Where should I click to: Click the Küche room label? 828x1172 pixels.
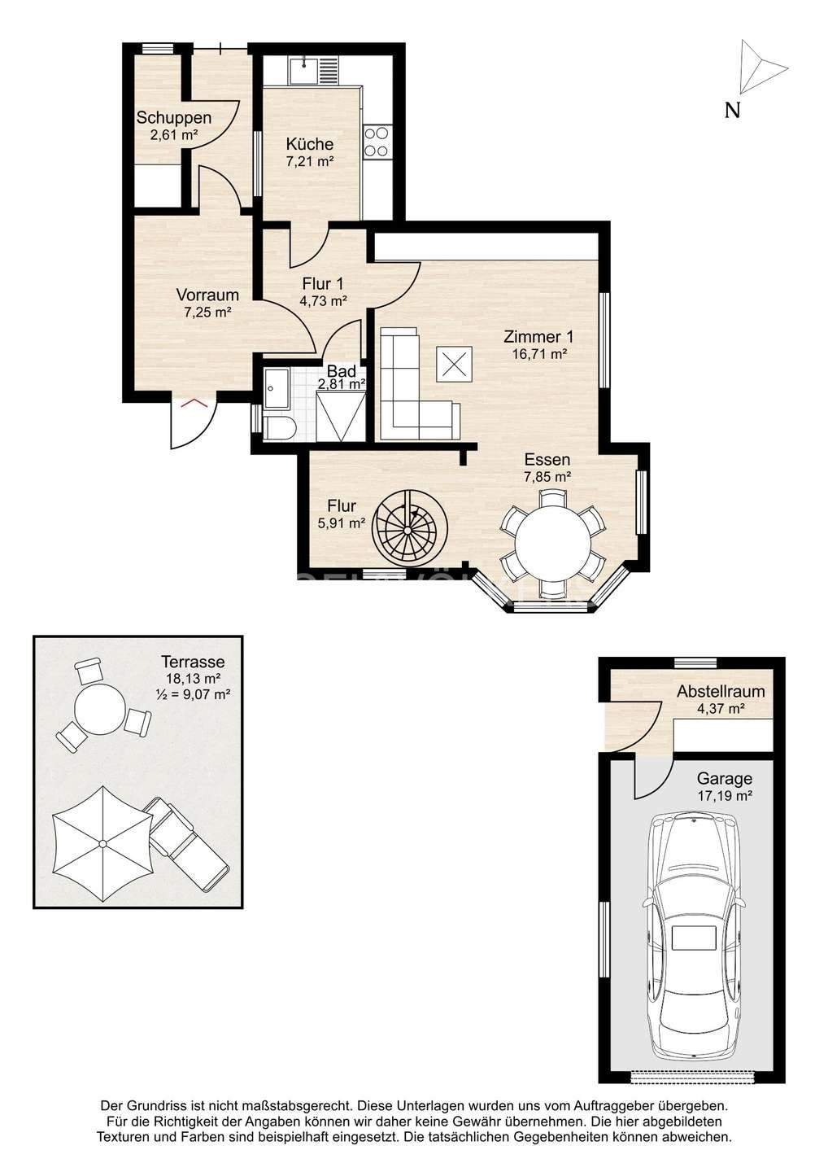point(309,143)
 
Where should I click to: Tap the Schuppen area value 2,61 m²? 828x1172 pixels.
point(173,135)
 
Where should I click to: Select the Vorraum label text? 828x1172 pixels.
point(207,295)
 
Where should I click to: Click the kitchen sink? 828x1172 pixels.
point(303,71)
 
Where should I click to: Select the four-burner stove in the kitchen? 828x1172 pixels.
point(377,142)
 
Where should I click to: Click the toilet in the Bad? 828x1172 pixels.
point(280,427)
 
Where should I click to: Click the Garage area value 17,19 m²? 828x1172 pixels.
point(725,796)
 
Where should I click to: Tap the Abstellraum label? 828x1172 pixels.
point(721,691)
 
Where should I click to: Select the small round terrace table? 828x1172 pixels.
point(100,709)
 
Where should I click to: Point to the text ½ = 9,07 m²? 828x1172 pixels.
point(193,693)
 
